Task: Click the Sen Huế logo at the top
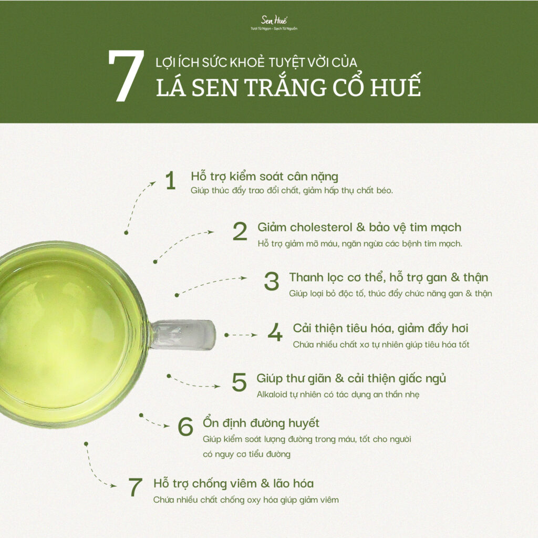274,23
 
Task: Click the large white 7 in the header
126,76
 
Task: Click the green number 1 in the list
170,181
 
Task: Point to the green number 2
240,231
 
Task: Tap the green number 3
272,282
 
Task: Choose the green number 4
275,332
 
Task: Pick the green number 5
239,382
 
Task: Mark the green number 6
185,427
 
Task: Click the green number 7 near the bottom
135,487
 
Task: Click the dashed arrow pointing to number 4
241,335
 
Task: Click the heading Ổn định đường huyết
261,423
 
